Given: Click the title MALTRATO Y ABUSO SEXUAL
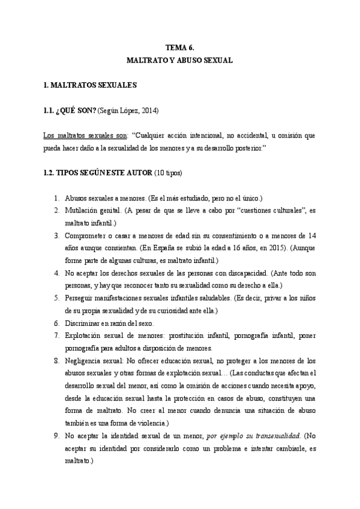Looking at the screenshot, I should [x=179, y=61].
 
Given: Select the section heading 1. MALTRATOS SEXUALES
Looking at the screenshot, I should [x=91, y=85].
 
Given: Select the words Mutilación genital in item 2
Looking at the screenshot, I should [x=89, y=210].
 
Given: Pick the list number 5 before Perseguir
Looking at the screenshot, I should [x=56, y=298].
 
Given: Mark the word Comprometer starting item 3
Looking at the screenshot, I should [x=88, y=235].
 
